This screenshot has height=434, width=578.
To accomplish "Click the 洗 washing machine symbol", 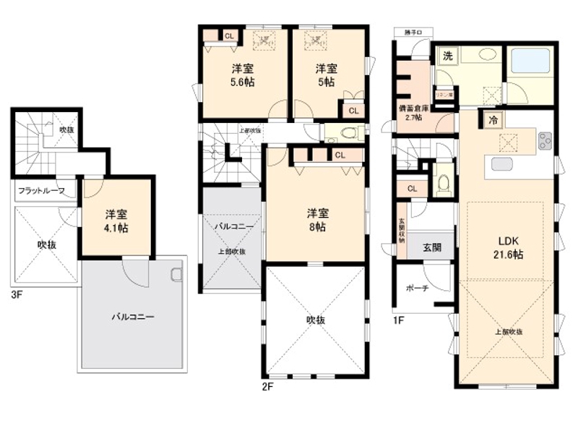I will (448, 56).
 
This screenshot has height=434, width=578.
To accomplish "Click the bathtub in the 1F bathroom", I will (530, 61).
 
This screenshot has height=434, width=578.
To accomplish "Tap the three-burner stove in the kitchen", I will (544, 140).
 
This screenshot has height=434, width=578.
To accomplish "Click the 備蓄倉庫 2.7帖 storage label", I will (414, 113).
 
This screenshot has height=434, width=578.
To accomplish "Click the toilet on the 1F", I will (442, 179).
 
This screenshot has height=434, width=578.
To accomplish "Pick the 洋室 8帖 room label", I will (318, 220).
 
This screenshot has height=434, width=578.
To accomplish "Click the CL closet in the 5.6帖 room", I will (228, 35).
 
